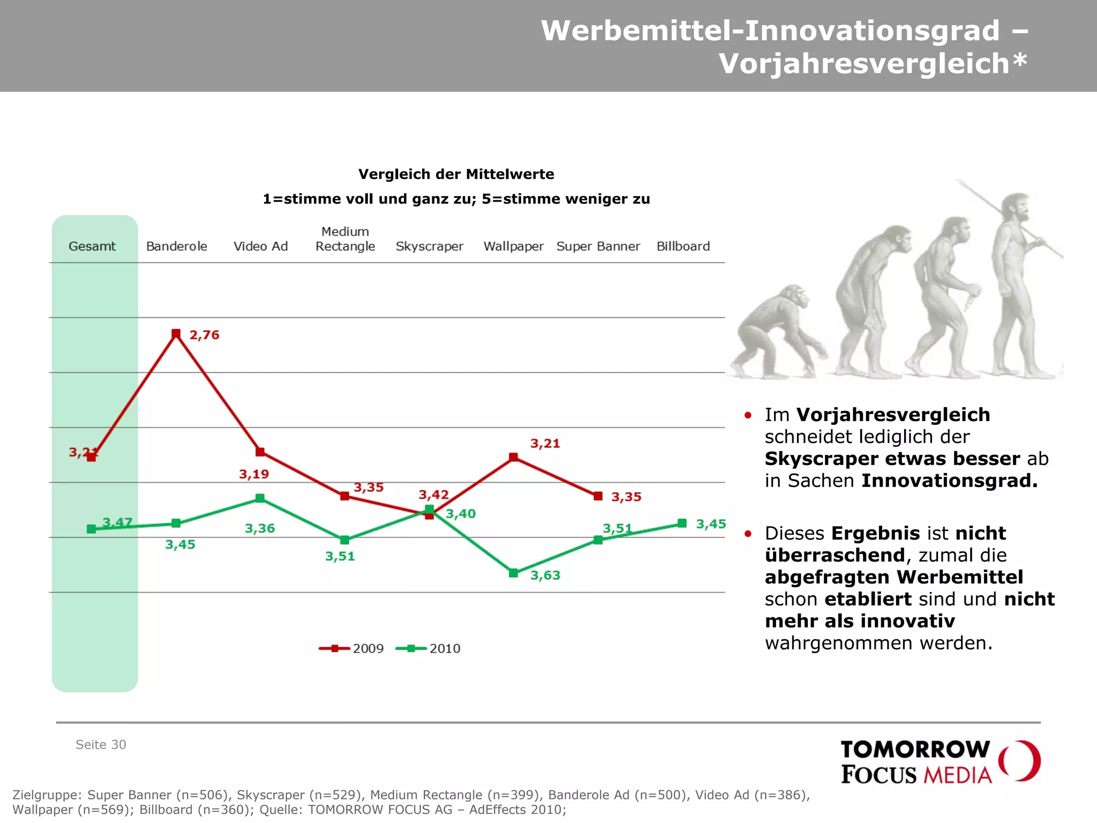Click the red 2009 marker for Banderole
(x=176, y=333)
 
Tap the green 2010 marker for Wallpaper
(x=513, y=573)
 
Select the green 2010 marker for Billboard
(x=682, y=523)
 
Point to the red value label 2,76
(x=204, y=335)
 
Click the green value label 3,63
(x=545, y=575)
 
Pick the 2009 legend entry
(x=351, y=648)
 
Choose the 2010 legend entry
(x=428, y=648)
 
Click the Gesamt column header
(x=92, y=246)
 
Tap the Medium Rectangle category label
(x=345, y=239)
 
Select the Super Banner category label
(x=598, y=246)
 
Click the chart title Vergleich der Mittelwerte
(x=456, y=174)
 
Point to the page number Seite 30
(x=101, y=744)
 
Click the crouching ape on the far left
(x=777, y=332)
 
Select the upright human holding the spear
(x=1015, y=284)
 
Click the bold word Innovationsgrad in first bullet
(x=949, y=481)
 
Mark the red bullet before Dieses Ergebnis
(x=748, y=534)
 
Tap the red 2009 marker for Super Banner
(x=598, y=496)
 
